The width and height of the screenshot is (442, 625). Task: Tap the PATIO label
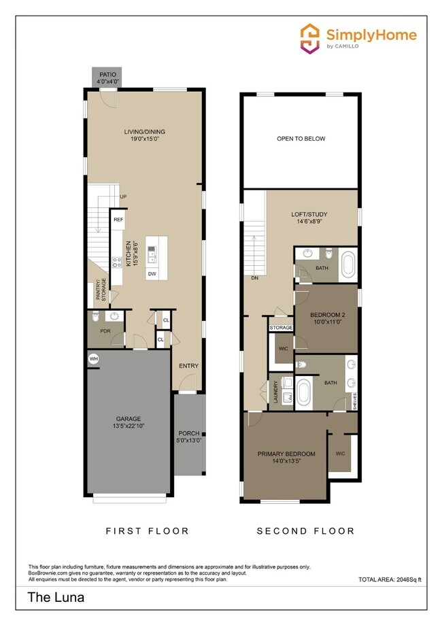click(107, 75)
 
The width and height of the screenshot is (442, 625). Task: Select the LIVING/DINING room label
click(144, 132)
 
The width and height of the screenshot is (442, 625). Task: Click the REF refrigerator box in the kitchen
click(118, 220)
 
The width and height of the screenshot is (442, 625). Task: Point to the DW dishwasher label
click(152, 273)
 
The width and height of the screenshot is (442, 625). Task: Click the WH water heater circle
click(92, 358)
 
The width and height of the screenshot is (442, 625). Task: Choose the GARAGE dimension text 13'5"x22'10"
click(128, 426)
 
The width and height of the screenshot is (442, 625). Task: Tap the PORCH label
click(188, 433)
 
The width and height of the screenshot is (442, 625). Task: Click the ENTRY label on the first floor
click(188, 366)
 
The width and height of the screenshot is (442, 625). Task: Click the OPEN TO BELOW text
click(301, 139)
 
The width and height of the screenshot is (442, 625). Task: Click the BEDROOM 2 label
click(328, 315)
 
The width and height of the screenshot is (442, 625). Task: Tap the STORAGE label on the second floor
click(281, 328)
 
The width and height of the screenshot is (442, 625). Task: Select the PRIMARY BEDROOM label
click(286, 454)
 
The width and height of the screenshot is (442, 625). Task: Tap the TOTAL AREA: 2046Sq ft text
click(390, 579)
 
